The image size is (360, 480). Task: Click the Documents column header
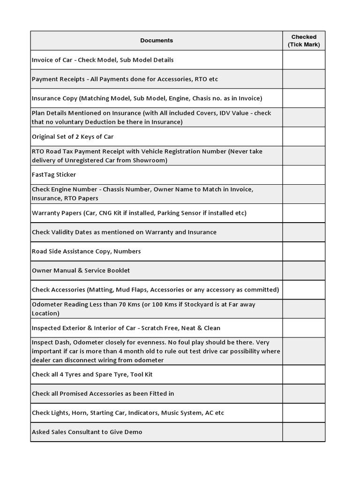coord(157,41)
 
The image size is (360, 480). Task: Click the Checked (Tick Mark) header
coord(304,41)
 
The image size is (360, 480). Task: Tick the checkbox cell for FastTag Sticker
coord(304,175)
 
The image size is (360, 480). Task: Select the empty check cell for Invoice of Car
coord(304,60)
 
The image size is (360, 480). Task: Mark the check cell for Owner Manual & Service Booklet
coord(304,270)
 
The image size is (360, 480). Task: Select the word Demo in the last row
coord(134,432)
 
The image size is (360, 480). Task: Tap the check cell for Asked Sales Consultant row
coord(304,432)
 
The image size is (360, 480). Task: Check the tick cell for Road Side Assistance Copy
coord(304,251)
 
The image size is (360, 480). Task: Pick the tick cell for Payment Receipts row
coord(304,79)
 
